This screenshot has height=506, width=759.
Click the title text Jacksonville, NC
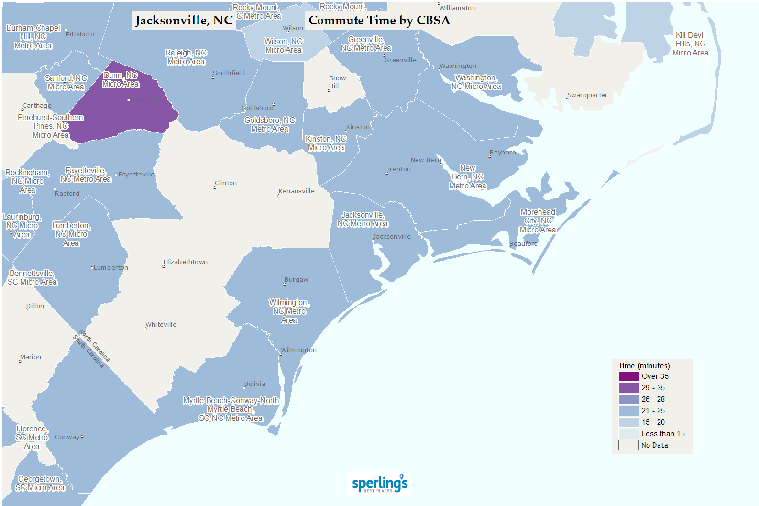click(184, 21)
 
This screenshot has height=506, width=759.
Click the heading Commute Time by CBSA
click(379, 21)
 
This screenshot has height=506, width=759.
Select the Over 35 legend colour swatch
click(628, 376)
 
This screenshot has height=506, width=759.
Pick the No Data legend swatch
click(628, 445)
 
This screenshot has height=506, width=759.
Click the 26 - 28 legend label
click(653, 399)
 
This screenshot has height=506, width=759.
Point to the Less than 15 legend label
click(663, 434)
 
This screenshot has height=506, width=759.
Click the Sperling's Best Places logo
click(380, 484)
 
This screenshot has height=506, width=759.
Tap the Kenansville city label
click(297, 191)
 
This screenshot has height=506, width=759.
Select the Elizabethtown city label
click(186, 262)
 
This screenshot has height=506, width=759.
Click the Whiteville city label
click(161, 325)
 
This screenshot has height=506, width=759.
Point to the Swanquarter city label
click(587, 95)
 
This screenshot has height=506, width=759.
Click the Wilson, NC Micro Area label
click(284, 46)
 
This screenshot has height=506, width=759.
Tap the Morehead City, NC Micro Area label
click(538, 221)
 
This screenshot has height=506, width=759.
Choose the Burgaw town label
click(297, 280)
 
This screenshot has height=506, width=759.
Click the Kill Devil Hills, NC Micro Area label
click(690, 44)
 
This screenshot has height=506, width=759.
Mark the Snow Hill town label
click(337, 82)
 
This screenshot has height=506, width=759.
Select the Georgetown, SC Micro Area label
click(40, 483)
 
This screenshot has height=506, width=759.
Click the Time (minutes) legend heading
click(644, 366)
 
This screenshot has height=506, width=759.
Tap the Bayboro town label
click(503, 153)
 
